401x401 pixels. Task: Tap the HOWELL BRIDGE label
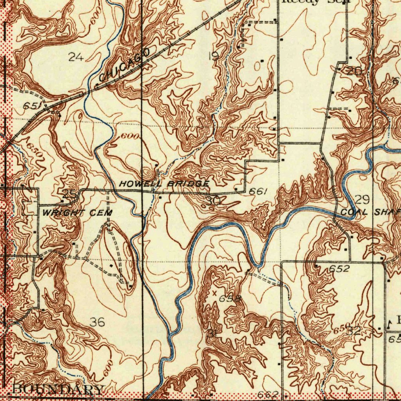pyautogui.click(x=164, y=184)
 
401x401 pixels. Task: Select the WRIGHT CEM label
pyautogui.click(x=77, y=213)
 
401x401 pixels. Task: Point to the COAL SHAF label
pyautogui.click(x=370, y=212)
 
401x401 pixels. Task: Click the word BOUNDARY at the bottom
pyautogui.click(x=58, y=390)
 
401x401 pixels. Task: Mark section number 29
pyautogui.click(x=363, y=200)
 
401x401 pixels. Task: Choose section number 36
pyautogui.click(x=97, y=322)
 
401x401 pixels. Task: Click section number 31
pyautogui.click(x=213, y=334)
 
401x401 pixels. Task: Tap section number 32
pyautogui.click(x=354, y=331)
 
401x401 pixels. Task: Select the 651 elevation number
pyautogui.click(x=31, y=106)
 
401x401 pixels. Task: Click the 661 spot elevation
pyautogui.click(x=258, y=191)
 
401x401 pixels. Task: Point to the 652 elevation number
pyautogui.click(x=339, y=269)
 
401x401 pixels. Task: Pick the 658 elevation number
pyautogui.click(x=229, y=299)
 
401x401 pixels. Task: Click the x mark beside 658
pyautogui.click(x=214, y=293)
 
